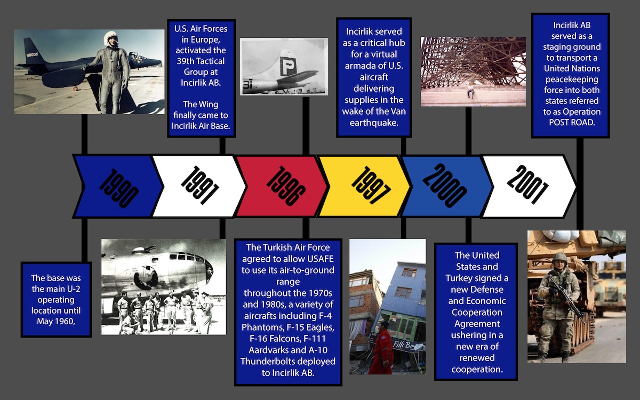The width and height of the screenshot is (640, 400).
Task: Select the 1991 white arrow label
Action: coord(199,185)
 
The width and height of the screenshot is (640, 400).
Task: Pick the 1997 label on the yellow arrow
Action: coord(370,185)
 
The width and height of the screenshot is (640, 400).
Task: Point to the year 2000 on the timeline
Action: coord(445,185)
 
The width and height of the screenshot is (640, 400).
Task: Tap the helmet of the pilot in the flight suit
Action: coord(110,38)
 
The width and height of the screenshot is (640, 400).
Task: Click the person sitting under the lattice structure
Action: coord(471,90)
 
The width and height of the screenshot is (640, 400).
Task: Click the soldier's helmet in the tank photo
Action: coord(560,258)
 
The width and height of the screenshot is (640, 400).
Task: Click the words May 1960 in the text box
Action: coord(56,321)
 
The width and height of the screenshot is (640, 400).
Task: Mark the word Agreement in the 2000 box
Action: coord(477,324)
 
